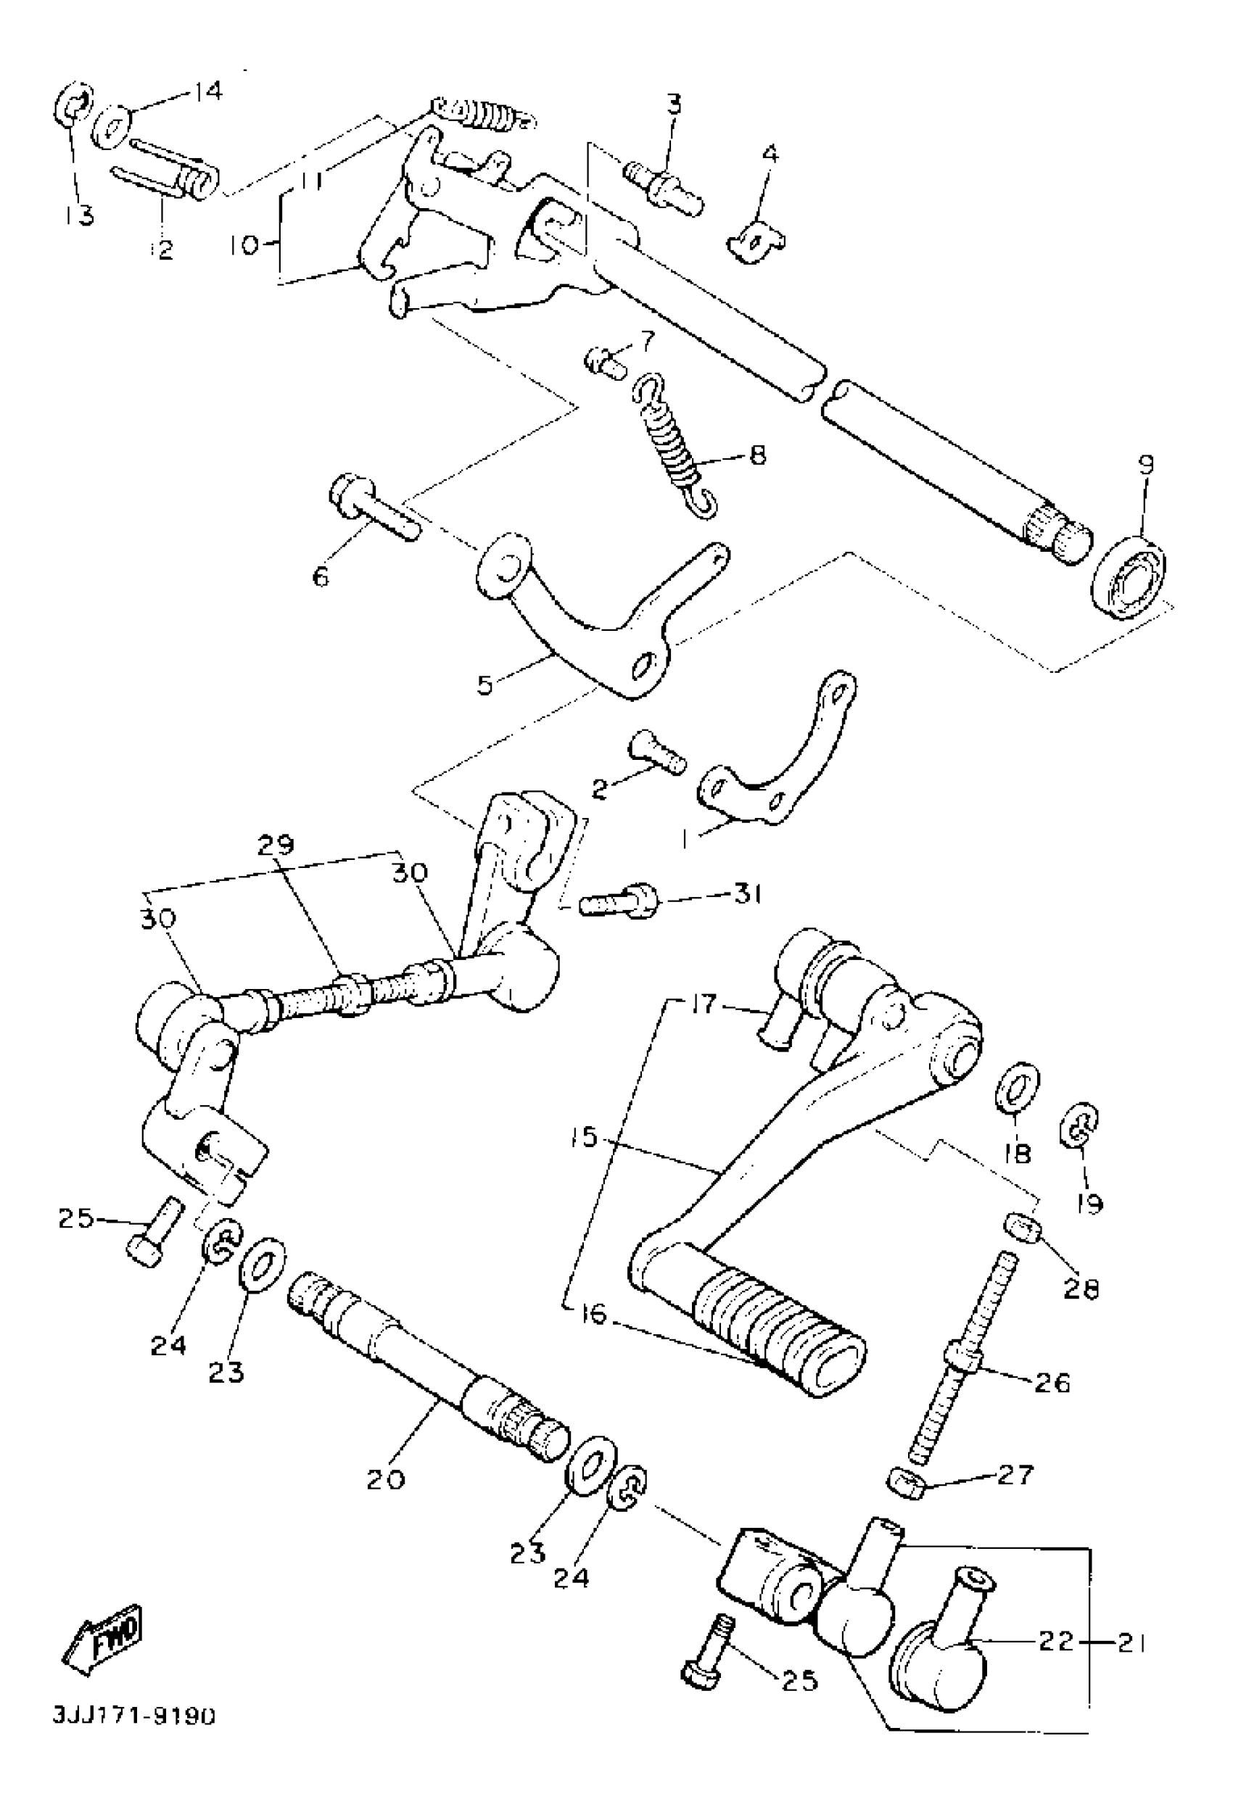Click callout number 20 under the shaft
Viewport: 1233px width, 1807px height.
387,1478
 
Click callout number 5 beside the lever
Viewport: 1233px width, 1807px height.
484,686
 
